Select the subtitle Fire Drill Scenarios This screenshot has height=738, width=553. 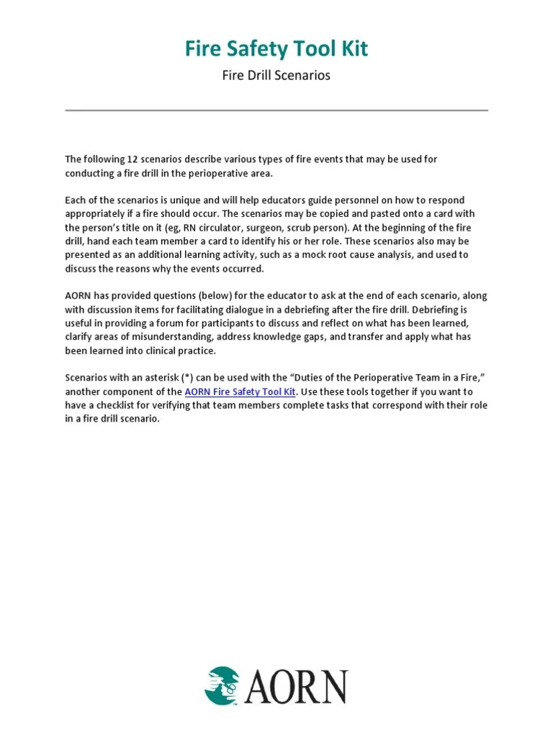[276, 75]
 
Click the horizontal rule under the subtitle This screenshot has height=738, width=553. [276, 110]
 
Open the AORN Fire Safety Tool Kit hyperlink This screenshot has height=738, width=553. [240, 391]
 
